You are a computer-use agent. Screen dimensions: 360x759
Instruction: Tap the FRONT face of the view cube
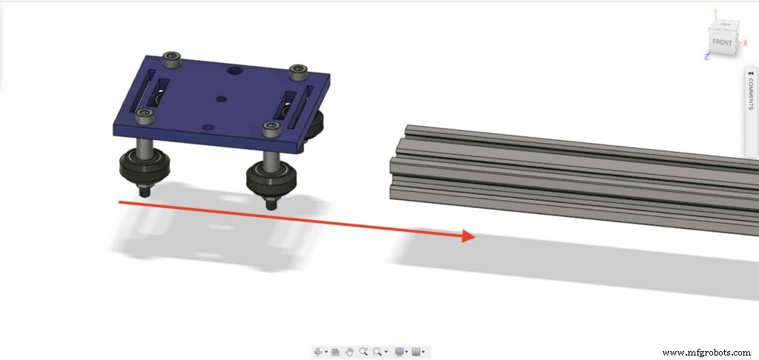click(x=722, y=41)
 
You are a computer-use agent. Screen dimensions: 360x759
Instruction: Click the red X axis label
click(x=744, y=43)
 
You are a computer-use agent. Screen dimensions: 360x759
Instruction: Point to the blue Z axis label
click(x=707, y=57)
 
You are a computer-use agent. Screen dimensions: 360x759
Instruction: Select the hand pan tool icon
click(x=349, y=351)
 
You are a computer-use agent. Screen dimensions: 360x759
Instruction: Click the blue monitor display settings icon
click(x=400, y=351)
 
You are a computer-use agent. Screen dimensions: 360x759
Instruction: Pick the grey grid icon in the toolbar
click(x=417, y=351)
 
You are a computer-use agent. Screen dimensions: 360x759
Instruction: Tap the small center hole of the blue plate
click(x=220, y=98)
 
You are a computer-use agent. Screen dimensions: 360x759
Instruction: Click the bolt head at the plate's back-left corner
click(x=172, y=56)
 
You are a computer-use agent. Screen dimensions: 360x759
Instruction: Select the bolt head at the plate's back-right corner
click(x=299, y=71)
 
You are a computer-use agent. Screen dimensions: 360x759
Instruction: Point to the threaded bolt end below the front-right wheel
click(x=272, y=202)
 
